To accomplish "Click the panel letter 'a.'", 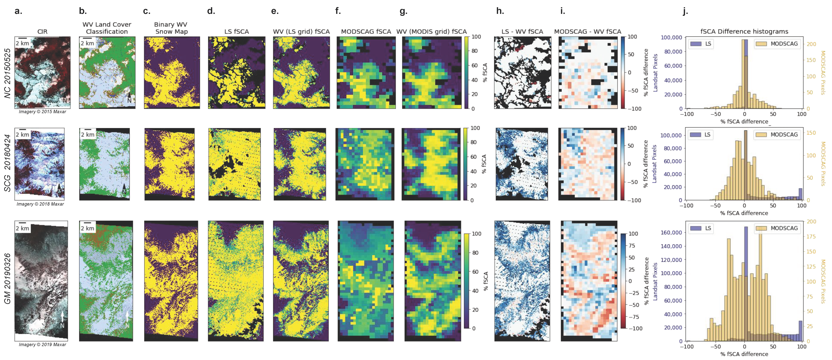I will pyautogui.click(x=18, y=11).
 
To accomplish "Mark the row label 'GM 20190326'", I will pyautogui.click(x=7, y=278).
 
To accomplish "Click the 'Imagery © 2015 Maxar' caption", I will pyautogui.click(x=42, y=112).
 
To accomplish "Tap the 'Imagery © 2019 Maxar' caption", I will pyautogui.click(x=42, y=344).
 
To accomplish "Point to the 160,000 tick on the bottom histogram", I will pyautogui.click(x=671, y=233).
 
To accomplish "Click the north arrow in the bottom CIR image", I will pyautogui.click(x=62, y=318).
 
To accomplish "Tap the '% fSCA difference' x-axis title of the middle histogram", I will pyautogui.click(x=744, y=213).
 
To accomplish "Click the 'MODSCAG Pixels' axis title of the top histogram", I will pyautogui.click(x=823, y=73).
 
